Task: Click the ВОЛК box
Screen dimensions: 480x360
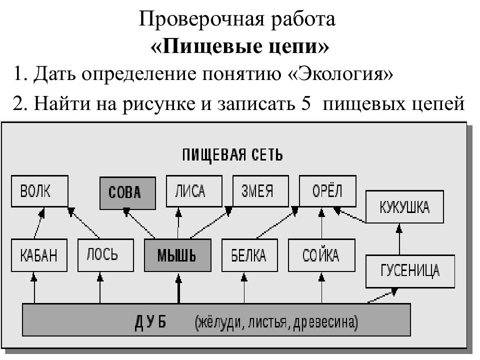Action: [x=39, y=191]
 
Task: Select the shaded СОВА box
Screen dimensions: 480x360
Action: [x=127, y=193]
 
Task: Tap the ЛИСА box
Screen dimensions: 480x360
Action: [x=194, y=191]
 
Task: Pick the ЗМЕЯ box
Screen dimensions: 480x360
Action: [x=260, y=191]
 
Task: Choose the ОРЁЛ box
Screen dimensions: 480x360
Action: [x=327, y=191]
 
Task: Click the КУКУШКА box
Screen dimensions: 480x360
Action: [x=404, y=206]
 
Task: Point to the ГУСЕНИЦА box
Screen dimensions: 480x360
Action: [x=410, y=271]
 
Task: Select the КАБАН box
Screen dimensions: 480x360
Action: [x=39, y=255]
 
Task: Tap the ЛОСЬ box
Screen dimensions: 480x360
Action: [x=105, y=255]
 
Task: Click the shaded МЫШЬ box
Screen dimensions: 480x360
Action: [x=177, y=255]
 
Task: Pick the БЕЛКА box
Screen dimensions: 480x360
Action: [x=249, y=255]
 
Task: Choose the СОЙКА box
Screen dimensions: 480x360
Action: [x=321, y=255]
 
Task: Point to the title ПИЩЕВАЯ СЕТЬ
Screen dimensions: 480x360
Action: [x=232, y=154]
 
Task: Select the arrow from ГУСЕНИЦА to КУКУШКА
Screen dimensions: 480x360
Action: [x=399, y=239]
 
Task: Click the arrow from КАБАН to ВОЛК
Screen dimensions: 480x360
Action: [x=39, y=223]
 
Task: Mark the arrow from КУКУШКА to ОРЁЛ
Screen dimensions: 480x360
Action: [x=349, y=214]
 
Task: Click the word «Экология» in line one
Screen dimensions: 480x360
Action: [x=340, y=74]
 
